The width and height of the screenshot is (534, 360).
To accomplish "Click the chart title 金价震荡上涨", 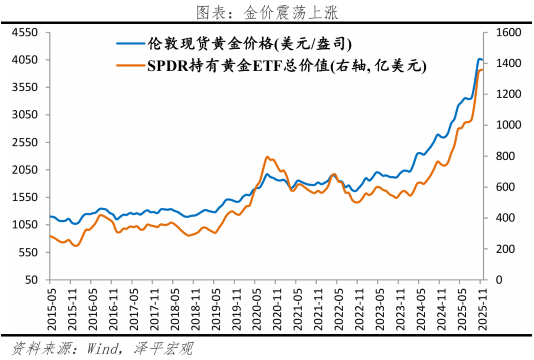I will (267, 12).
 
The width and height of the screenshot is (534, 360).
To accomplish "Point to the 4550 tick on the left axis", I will (26, 33).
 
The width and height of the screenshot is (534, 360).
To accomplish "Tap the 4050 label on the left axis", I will (26, 60).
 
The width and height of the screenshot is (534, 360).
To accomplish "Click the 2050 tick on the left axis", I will (26, 170).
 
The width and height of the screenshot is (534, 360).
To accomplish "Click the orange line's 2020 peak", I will (267, 157).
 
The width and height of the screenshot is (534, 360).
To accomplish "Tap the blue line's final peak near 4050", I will (479, 59).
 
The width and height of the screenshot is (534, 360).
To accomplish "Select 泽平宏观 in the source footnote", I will (163, 348).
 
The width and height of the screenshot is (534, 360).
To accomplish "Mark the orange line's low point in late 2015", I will (76, 245).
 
